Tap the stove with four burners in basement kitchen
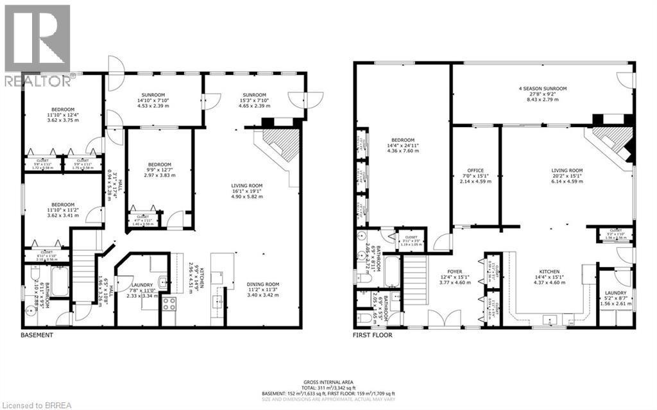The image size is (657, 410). click(x=169, y=303)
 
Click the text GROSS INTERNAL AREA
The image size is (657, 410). click(x=328, y=381)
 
